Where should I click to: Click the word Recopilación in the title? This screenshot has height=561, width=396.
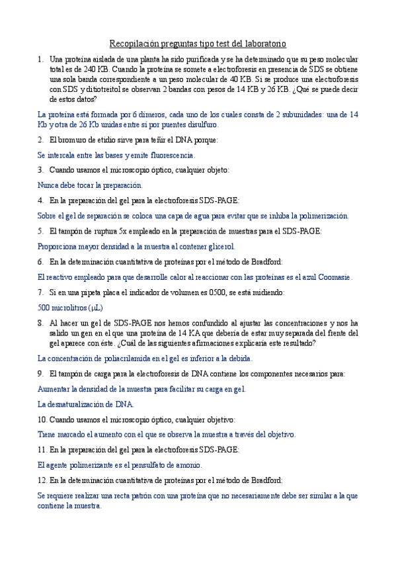click(133, 44)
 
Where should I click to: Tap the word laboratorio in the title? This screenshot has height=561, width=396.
click(262, 44)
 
